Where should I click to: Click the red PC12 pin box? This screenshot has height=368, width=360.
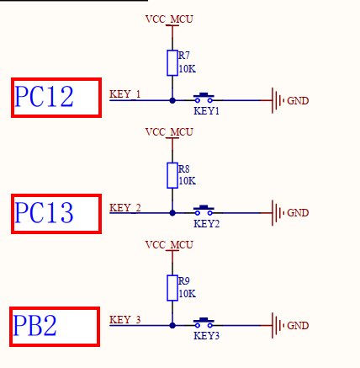point(56,98)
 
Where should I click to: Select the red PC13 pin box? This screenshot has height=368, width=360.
point(56,213)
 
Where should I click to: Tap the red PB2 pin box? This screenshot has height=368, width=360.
point(55,326)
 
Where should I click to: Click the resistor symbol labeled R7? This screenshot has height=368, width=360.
point(172,62)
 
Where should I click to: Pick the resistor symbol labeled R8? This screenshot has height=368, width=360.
point(172,175)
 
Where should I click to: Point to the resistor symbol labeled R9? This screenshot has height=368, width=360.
point(172,287)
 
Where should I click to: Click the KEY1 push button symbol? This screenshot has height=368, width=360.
point(205,98)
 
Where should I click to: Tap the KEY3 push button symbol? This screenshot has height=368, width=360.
point(205,323)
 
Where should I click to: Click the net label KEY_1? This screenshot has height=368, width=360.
point(125,93)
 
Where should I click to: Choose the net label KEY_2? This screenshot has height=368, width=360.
point(125,207)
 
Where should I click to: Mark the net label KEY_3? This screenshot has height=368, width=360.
point(125,319)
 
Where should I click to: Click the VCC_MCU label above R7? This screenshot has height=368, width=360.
point(169,18)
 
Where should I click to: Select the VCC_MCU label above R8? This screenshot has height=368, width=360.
point(169,131)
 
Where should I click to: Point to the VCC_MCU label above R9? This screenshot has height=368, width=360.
point(169,245)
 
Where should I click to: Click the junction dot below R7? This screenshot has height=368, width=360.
point(172,100)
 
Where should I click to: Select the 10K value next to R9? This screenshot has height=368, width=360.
point(187,294)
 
